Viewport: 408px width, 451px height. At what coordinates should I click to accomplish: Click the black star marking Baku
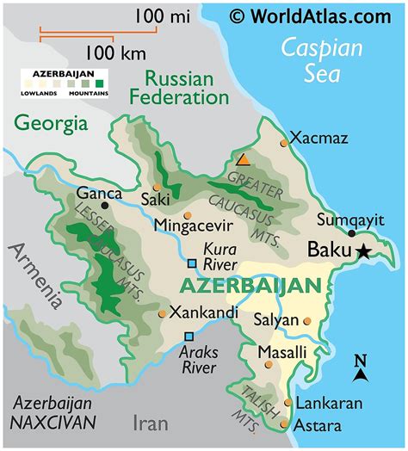click(363, 251)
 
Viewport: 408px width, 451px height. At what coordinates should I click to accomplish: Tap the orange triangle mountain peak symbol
click(244, 159)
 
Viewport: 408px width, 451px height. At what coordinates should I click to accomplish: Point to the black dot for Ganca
click(105, 206)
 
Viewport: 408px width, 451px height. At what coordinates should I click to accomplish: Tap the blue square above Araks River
click(189, 337)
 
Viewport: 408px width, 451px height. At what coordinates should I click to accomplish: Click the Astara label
click(318, 425)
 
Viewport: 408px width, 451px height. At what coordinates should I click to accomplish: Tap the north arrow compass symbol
click(362, 368)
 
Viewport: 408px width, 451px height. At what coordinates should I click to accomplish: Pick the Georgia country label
click(51, 123)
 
